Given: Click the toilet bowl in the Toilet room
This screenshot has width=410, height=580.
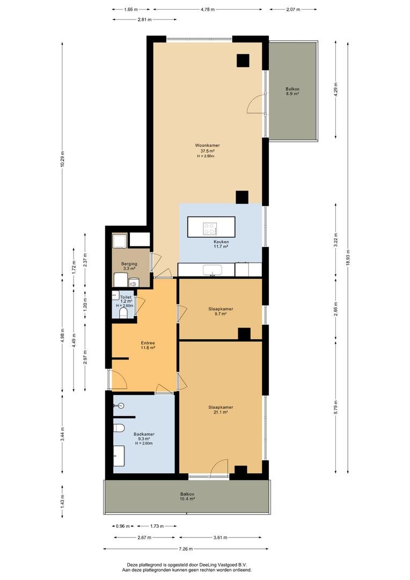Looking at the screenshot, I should [124, 313].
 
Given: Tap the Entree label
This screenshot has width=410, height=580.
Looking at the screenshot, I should [148, 345].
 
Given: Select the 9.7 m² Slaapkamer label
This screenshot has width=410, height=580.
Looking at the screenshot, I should [221, 311].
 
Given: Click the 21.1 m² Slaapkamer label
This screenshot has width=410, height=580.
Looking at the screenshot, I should [221, 410].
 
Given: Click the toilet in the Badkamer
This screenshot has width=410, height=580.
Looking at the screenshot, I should [119, 428].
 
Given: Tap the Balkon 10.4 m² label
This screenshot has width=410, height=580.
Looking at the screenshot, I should [187, 496].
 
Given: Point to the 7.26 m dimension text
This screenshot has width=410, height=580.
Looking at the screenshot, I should [186, 549].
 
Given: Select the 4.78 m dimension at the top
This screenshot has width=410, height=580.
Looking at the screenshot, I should [207, 9].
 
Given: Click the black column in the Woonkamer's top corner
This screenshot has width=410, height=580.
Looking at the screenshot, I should [243, 61].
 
